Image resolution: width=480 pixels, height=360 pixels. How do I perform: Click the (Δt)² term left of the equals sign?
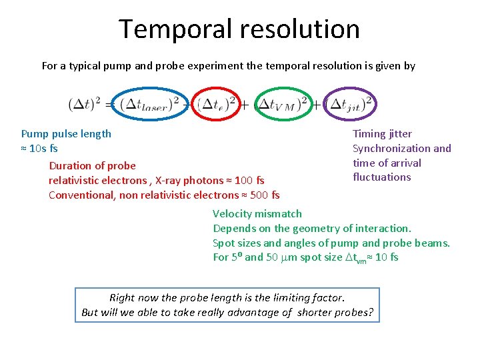[x=85, y=104]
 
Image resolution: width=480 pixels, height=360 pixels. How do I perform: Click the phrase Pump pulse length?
[x=66, y=133]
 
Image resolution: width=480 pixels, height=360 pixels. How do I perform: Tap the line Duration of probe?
[x=92, y=166]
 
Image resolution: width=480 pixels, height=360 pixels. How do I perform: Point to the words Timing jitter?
[x=382, y=134]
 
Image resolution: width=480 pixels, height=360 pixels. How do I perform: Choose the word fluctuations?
[x=381, y=177]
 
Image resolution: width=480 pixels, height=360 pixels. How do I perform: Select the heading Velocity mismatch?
[x=257, y=214]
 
